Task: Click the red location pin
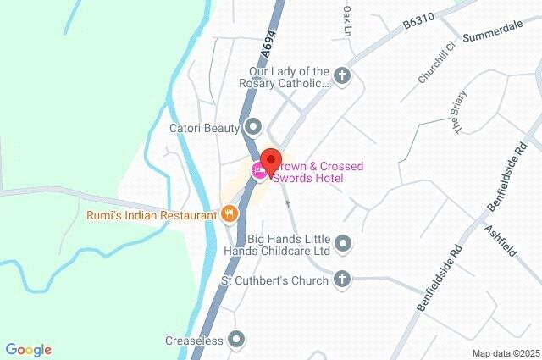coord(270,160)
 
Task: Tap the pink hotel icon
coord(259,171)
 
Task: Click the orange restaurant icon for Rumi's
coord(229,215)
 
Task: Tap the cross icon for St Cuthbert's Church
coord(342,280)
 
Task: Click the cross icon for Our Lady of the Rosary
coord(342,77)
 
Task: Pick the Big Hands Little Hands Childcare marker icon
coord(342,245)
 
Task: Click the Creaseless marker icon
coord(237,341)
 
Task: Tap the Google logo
coord(28,350)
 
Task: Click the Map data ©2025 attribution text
coord(505,353)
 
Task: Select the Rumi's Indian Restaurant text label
coord(152,215)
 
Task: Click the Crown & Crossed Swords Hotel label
coord(315,172)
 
